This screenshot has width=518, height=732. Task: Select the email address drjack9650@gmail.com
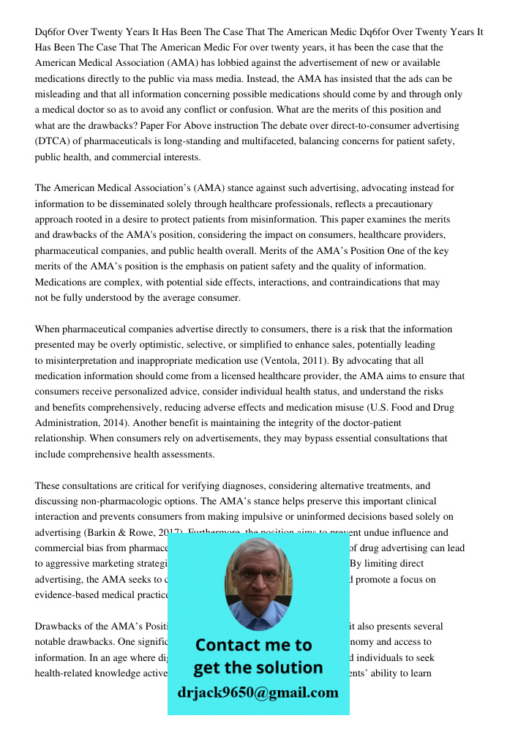258,692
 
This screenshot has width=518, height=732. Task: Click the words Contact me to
254,645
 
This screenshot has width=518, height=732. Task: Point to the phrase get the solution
258,668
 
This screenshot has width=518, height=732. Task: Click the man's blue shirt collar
258,620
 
